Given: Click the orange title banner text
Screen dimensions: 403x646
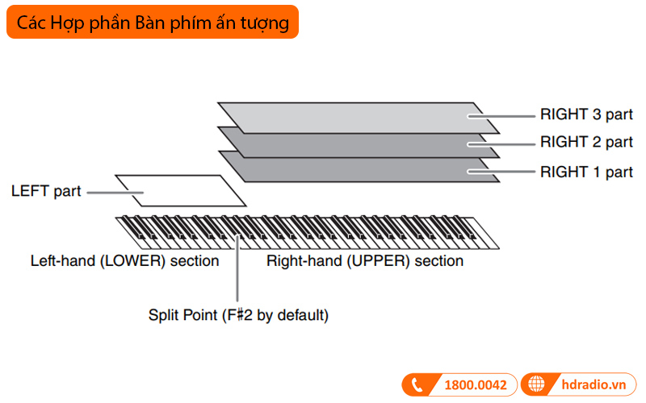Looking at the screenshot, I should (x=153, y=23).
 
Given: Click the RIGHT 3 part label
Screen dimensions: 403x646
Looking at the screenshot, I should (x=586, y=114).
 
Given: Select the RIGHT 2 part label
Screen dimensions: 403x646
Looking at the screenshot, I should (x=586, y=143).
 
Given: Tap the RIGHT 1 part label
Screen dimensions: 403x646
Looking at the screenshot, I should (x=586, y=172).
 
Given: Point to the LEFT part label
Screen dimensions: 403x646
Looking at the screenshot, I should (x=46, y=193).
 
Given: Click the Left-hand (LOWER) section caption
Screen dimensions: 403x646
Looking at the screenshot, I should (x=124, y=261).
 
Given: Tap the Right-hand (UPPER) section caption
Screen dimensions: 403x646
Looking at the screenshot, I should (x=365, y=261).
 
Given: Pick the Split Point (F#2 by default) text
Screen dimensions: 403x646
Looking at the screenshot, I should (x=238, y=315).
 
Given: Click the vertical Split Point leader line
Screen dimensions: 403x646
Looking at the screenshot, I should (x=238, y=274).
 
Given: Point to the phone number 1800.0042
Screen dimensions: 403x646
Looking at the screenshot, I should (x=476, y=384).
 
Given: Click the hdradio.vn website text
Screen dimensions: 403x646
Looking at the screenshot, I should (x=593, y=384).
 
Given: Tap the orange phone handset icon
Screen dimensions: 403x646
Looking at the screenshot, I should (x=417, y=384).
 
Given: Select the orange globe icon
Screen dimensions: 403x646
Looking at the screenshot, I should (x=537, y=384).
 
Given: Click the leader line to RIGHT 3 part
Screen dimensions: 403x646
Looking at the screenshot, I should (x=501, y=115).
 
